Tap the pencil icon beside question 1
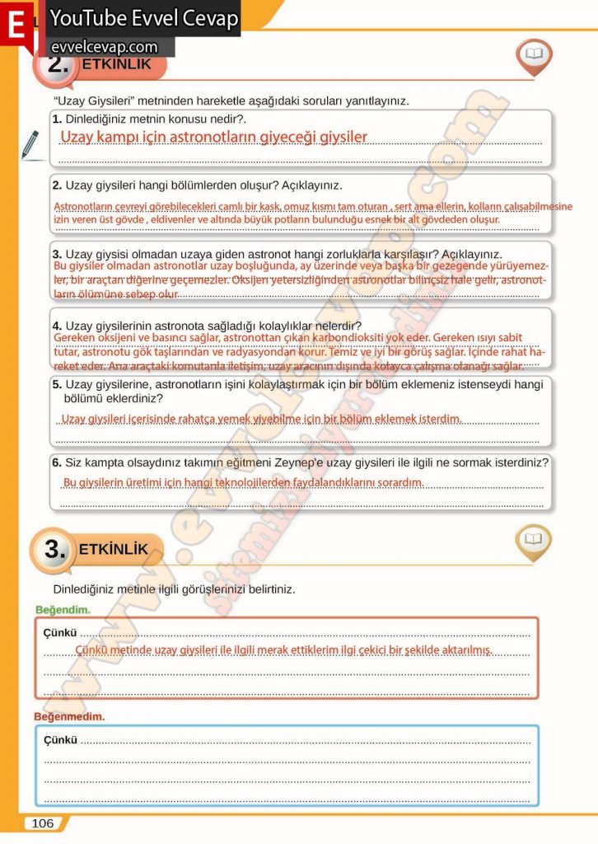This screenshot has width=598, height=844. click(30, 143)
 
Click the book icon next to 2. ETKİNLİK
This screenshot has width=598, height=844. click(534, 55)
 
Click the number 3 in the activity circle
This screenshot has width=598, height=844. click(55, 550)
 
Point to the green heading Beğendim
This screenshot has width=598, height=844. click(63, 610)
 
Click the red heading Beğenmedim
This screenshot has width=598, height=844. click(69, 716)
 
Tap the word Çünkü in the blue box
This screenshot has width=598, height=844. click(60, 739)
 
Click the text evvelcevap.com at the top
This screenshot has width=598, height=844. click(104, 47)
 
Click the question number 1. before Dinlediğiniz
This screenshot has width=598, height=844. click(57, 120)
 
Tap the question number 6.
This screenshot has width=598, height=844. click(57, 463)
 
